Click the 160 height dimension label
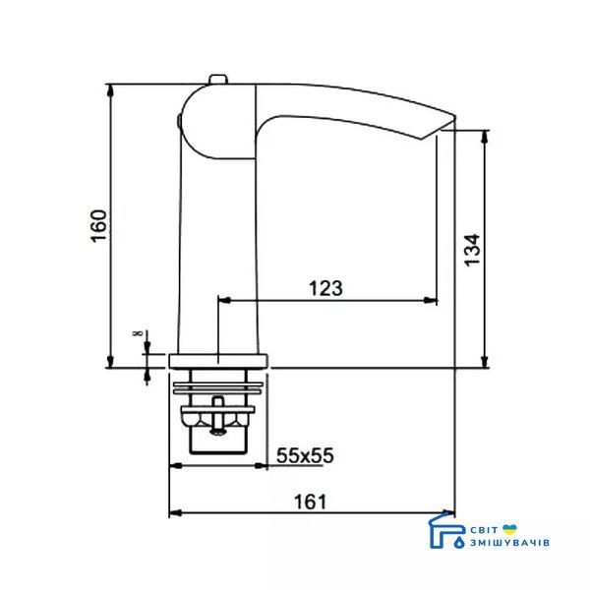tap(99, 226)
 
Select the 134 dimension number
tap(472, 250)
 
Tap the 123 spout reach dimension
tap(325, 288)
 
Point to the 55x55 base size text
tap(305, 455)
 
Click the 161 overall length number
tap(311, 501)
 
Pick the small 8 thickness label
tap(138, 333)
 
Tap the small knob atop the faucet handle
tap(218, 80)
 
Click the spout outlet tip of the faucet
tap(448, 124)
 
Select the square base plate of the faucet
tap(218, 361)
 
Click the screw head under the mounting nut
tap(218, 432)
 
